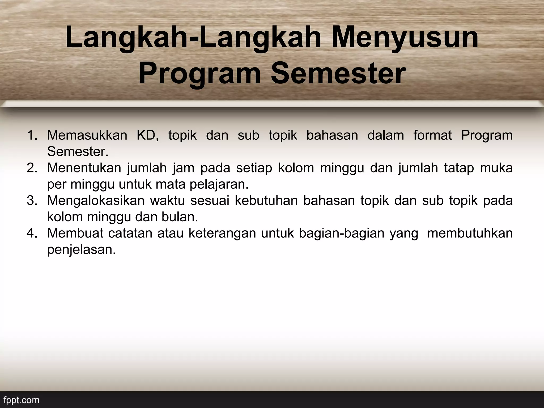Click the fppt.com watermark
(x=22, y=400)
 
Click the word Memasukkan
(x=87, y=135)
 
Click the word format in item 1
(x=432, y=135)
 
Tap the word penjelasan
(x=82, y=250)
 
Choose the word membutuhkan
(x=470, y=233)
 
